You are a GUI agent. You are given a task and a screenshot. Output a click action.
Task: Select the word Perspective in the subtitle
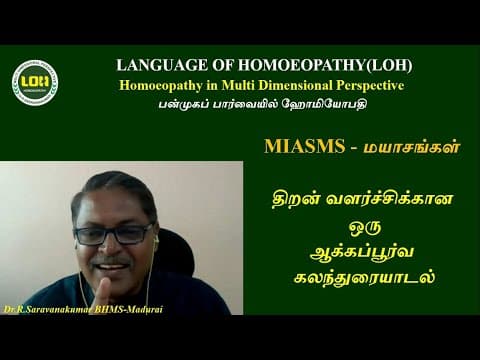click(x=369, y=84)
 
